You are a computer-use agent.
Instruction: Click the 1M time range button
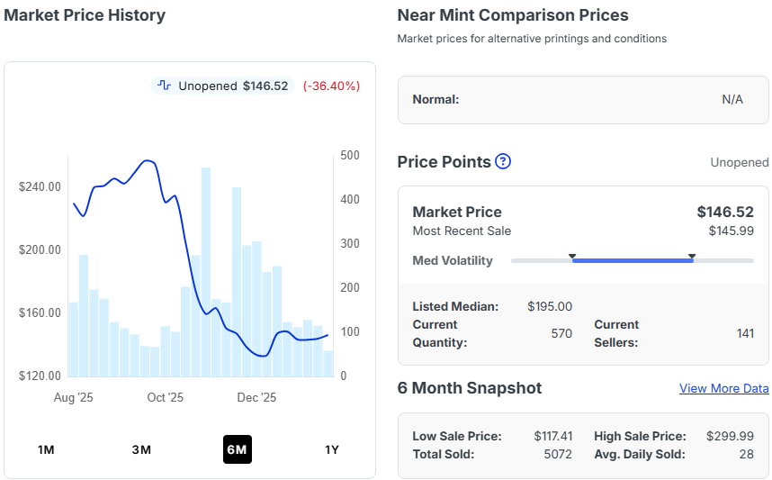click(x=46, y=449)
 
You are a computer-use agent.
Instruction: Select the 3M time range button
click(x=141, y=449)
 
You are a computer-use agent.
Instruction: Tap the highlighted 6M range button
click(x=238, y=449)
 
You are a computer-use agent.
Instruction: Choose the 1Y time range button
click(x=332, y=449)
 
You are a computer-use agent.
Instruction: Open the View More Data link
click(x=723, y=388)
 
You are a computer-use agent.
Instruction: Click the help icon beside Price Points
click(x=503, y=161)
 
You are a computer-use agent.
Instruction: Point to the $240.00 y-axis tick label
click(x=40, y=186)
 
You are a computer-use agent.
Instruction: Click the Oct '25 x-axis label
click(x=165, y=397)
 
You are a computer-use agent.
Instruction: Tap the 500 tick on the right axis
click(x=349, y=156)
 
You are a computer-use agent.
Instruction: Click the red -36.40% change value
click(x=331, y=86)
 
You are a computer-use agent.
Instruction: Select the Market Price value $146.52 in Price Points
click(x=725, y=212)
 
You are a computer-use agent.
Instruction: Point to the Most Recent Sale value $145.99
click(x=731, y=231)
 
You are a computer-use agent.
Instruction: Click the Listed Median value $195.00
click(x=550, y=306)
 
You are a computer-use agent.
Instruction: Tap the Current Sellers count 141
click(x=745, y=333)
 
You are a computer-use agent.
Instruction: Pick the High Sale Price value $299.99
click(x=731, y=436)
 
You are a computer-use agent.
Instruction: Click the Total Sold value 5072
click(x=558, y=454)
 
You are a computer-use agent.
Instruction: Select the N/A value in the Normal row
click(x=732, y=99)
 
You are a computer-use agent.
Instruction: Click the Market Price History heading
click(x=85, y=15)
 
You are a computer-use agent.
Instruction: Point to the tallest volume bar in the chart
click(x=206, y=270)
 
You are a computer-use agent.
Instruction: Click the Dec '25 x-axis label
click(x=256, y=397)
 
